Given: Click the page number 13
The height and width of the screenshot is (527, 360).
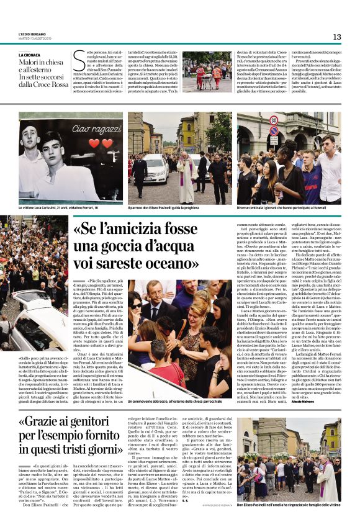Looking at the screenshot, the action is [x=337, y=37].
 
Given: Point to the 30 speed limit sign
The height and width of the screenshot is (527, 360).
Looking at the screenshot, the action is [x=274, y=120].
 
